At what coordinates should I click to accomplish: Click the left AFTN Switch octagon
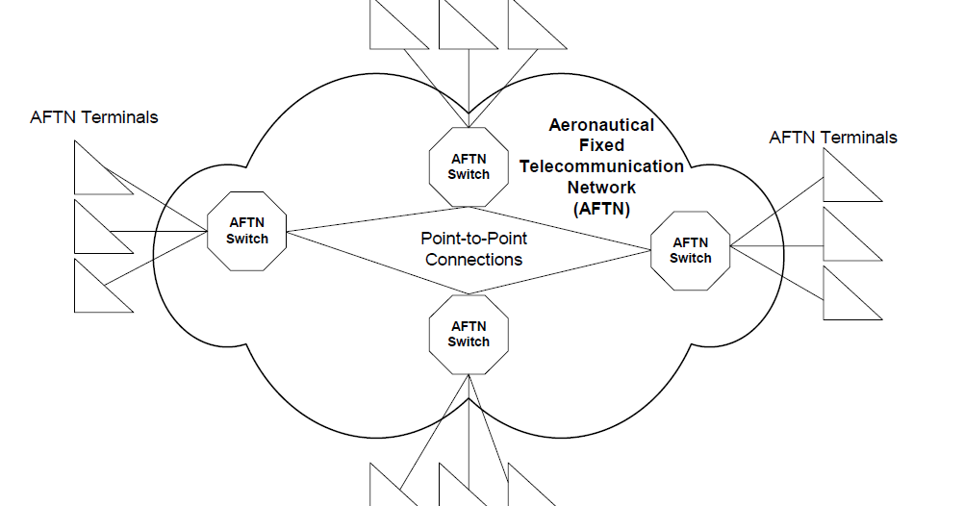[247, 231]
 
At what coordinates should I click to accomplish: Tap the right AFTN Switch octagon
[690, 250]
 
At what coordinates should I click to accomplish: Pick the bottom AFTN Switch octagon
[469, 334]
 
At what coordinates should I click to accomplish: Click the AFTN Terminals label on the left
[94, 117]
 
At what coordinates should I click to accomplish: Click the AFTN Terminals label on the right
[833, 138]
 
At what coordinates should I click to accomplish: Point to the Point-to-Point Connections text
[474, 248]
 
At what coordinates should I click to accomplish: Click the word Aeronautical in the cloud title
[601, 125]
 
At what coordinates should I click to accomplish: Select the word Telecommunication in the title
[601, 165]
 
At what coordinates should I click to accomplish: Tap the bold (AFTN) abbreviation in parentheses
[601, 207]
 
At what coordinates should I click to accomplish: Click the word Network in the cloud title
[601, 187]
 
